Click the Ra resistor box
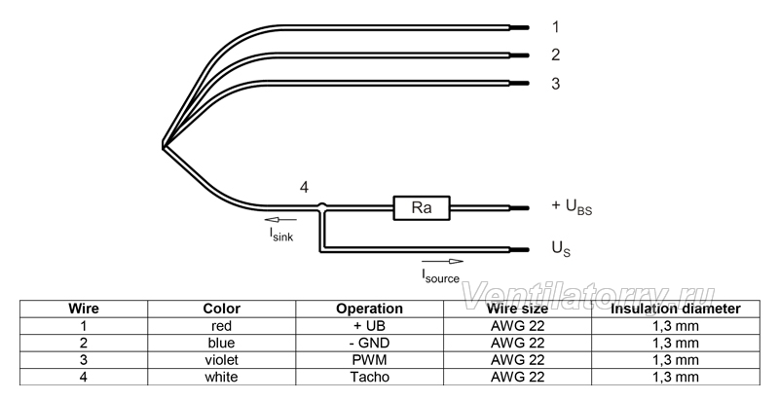tap(422, 208)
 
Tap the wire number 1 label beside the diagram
tap(555, 27)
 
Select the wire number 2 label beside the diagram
tap(555, 55)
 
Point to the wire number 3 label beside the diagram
tap(555, 84)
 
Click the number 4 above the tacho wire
tap(304, 187)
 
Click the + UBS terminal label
tap(572, 206)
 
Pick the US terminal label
tap(561, 248)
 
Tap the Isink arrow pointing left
tap(280, 219)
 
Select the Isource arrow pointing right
tap(442, 262)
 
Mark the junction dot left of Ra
tap(322, 205)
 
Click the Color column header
tap(222, 309)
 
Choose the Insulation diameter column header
tap(676, 309)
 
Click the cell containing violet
tap(222, 360)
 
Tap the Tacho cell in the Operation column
tap(370, 377)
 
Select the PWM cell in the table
tap(370, 360)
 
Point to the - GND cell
tap(370, 343)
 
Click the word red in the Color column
tap(222, 326)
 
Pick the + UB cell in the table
tap(370, 326)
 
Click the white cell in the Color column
tap(222, 377)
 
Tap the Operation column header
tap(370, 309)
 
